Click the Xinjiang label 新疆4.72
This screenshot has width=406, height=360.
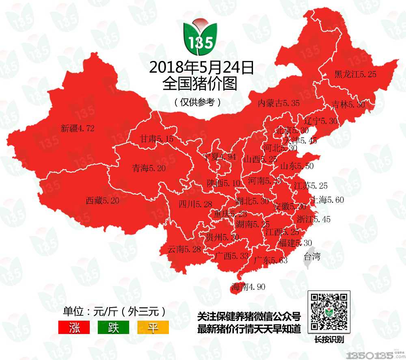[x=77, y=129]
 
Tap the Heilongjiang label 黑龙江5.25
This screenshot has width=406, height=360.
[x=355, y=74]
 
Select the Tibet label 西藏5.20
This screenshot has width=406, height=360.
[x=102, y=200]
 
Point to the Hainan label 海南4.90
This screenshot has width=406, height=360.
[x=248, y=287]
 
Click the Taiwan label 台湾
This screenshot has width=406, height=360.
[x=312, y=256]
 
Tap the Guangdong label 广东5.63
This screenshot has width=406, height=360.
[x=270, y=260]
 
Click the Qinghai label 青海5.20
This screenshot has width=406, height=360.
[x=149, y=168]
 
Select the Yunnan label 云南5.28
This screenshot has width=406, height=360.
[x=184, y=249]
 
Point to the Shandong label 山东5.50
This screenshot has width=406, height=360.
[x=297, y=166]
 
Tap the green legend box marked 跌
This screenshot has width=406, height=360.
[x=113, y=327]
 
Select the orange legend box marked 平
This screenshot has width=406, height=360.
[x=153, y=327]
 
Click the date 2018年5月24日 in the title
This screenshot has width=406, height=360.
[x=201, y=67]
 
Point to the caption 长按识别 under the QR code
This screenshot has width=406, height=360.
[x=329, y=340]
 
